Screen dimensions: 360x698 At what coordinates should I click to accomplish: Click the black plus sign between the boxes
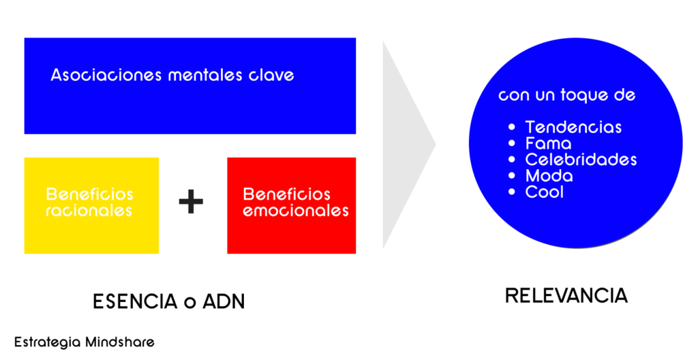point(191,202)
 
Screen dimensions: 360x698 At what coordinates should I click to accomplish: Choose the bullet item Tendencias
point(573,127)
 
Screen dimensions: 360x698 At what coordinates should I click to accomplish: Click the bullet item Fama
point(549,144)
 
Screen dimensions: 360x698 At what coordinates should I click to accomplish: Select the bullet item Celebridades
point(581,160)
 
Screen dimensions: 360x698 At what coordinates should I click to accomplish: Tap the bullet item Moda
point(549,176)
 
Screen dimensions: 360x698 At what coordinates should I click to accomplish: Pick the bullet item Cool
point(545,192)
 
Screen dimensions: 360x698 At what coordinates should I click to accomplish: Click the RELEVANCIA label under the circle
point(566,296)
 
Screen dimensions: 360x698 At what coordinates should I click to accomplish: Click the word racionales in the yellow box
point(89,211)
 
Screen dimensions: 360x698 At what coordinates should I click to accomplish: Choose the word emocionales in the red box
point(296,211)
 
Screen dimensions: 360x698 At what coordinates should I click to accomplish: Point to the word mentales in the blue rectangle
point(202,74)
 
